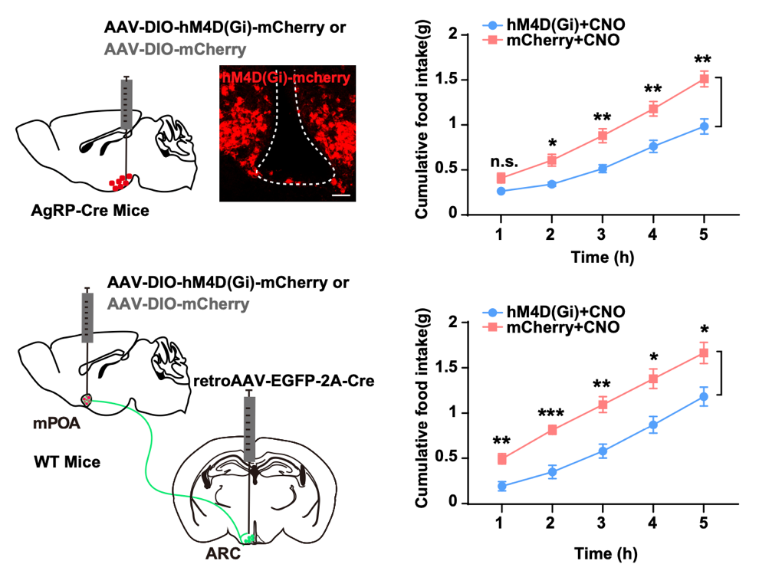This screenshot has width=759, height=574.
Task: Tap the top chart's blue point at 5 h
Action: click(704, 127)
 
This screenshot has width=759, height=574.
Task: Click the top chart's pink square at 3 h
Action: click(603, 136)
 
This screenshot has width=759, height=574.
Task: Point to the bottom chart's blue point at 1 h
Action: click(501, 486)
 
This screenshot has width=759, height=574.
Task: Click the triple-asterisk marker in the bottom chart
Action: click(552, 415)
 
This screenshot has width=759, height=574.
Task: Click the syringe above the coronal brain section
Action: click(250, 425)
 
